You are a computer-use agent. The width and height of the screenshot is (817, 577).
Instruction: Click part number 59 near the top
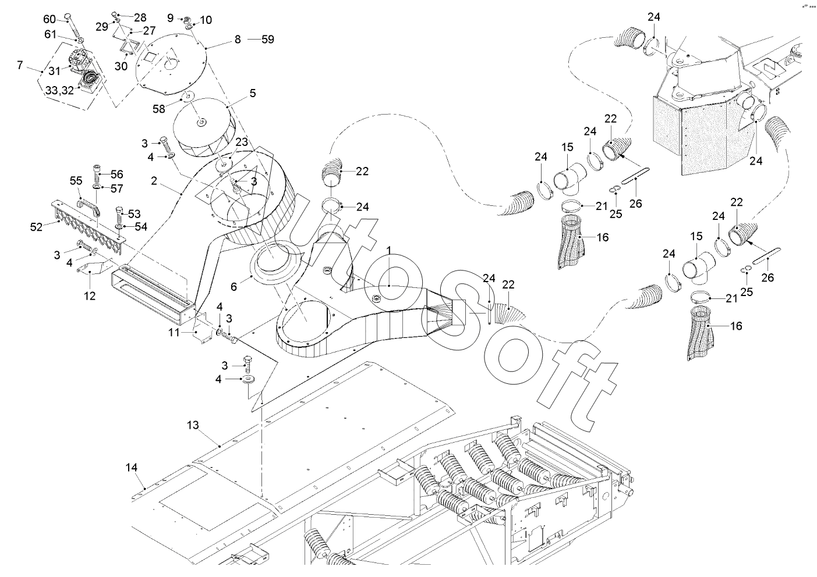coord(267,40)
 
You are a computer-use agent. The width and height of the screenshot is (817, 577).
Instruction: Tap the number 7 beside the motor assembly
coord(20,65)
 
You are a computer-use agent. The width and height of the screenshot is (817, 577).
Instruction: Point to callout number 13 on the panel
coord(193,425)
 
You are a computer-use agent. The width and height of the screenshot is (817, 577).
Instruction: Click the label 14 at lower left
coord(132,467)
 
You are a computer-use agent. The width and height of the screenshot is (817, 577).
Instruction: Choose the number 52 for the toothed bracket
coord(36,227)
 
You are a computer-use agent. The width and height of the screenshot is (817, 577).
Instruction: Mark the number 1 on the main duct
coord(388,250)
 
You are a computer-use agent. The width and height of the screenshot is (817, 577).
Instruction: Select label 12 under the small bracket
coord(89,295)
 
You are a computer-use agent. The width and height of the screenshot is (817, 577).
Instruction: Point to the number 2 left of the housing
coord(153,181)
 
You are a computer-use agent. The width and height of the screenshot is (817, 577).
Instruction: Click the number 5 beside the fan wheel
coord(252,92)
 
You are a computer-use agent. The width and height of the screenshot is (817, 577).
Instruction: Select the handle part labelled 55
coord(89,205)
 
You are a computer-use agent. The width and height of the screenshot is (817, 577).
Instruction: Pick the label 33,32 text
coord(59,91)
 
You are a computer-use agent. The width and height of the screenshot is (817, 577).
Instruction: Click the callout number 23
coord(242,141)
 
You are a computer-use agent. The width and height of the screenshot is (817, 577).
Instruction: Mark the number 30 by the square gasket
coord(121,66)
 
